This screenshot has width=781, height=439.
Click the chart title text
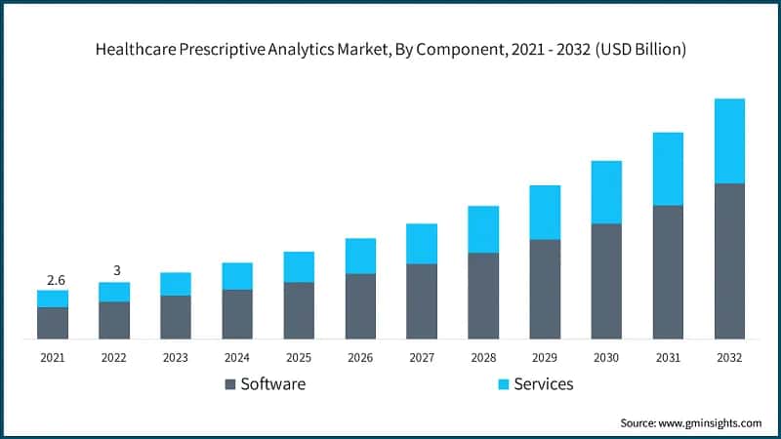click(x=390, y=50)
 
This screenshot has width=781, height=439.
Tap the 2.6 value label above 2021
click(x=53, y=280)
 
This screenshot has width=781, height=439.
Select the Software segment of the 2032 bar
click(x=729, y=260)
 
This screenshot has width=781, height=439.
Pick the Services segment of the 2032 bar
click(x=729, y=140)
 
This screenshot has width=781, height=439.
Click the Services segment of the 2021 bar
click(x=53, y=299)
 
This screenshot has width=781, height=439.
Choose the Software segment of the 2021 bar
click(x=53, y=323)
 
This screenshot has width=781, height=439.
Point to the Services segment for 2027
click(x=422, y=244)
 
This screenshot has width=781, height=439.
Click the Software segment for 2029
click(x=545, y=289)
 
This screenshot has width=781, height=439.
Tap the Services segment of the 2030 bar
click(x=606, y=192)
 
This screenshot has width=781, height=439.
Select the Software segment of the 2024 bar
click(x=237, y=314)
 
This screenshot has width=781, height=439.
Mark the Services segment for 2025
click(x=299, y=266)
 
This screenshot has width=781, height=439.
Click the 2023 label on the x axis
click(x=176, y=358)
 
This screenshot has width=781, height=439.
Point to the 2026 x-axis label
click(x=360, y=358)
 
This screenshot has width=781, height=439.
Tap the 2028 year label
click(x=483, y=358)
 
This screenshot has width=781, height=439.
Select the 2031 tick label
click(x=668, y=358)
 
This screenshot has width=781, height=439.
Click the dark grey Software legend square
click(x=230, y=384)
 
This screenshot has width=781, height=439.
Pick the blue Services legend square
click(x=503, y=384)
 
